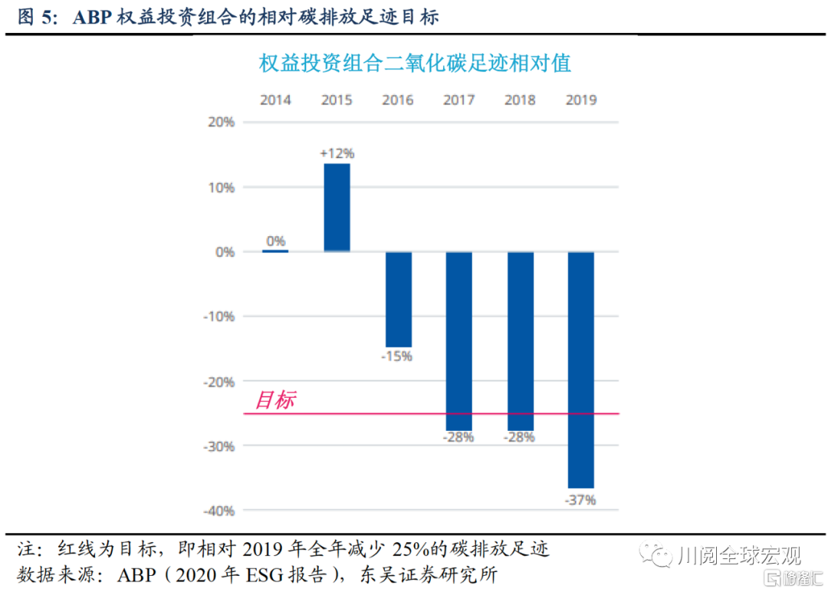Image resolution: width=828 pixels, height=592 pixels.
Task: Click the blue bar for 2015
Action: pyautogui.click(x=337, y=207)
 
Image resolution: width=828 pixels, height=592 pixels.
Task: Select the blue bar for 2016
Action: pyautogui.click(x=398, y=299)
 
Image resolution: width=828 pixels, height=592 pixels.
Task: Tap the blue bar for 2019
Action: pyautogui.click(x=580, y=369)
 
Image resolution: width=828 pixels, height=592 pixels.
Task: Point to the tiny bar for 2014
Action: pyautogui.click(x=275, y=251)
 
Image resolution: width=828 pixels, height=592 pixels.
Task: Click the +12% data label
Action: pyautogui.click(x=337, y=153)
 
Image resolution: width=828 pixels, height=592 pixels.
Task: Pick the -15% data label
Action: pyautogui.click(x=397, y=357)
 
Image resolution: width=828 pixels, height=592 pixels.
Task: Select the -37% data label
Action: pyautogui.click(x=580, y=500)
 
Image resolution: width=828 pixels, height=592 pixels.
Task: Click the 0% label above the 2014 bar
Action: pyautogui.click(x=275, y=241)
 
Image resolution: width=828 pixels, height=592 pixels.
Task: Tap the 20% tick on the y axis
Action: pyautogui.click(x=221, y=123)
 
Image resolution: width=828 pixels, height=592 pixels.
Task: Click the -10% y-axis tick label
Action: pyautogui.click(x=218, y=317)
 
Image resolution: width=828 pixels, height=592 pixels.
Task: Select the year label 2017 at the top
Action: pyautogui.click(x=458, y=100)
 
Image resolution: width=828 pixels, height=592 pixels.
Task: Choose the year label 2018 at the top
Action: pyautogui.click(x=520, y=100)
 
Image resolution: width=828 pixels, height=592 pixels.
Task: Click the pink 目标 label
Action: pyautogui.click(x=274, y=400)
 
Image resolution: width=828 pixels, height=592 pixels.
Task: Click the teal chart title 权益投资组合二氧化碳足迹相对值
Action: pyautogui.click(x=415, y=63)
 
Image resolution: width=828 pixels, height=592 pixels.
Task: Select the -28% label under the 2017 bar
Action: pyautogui.click(x=458, y=438)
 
